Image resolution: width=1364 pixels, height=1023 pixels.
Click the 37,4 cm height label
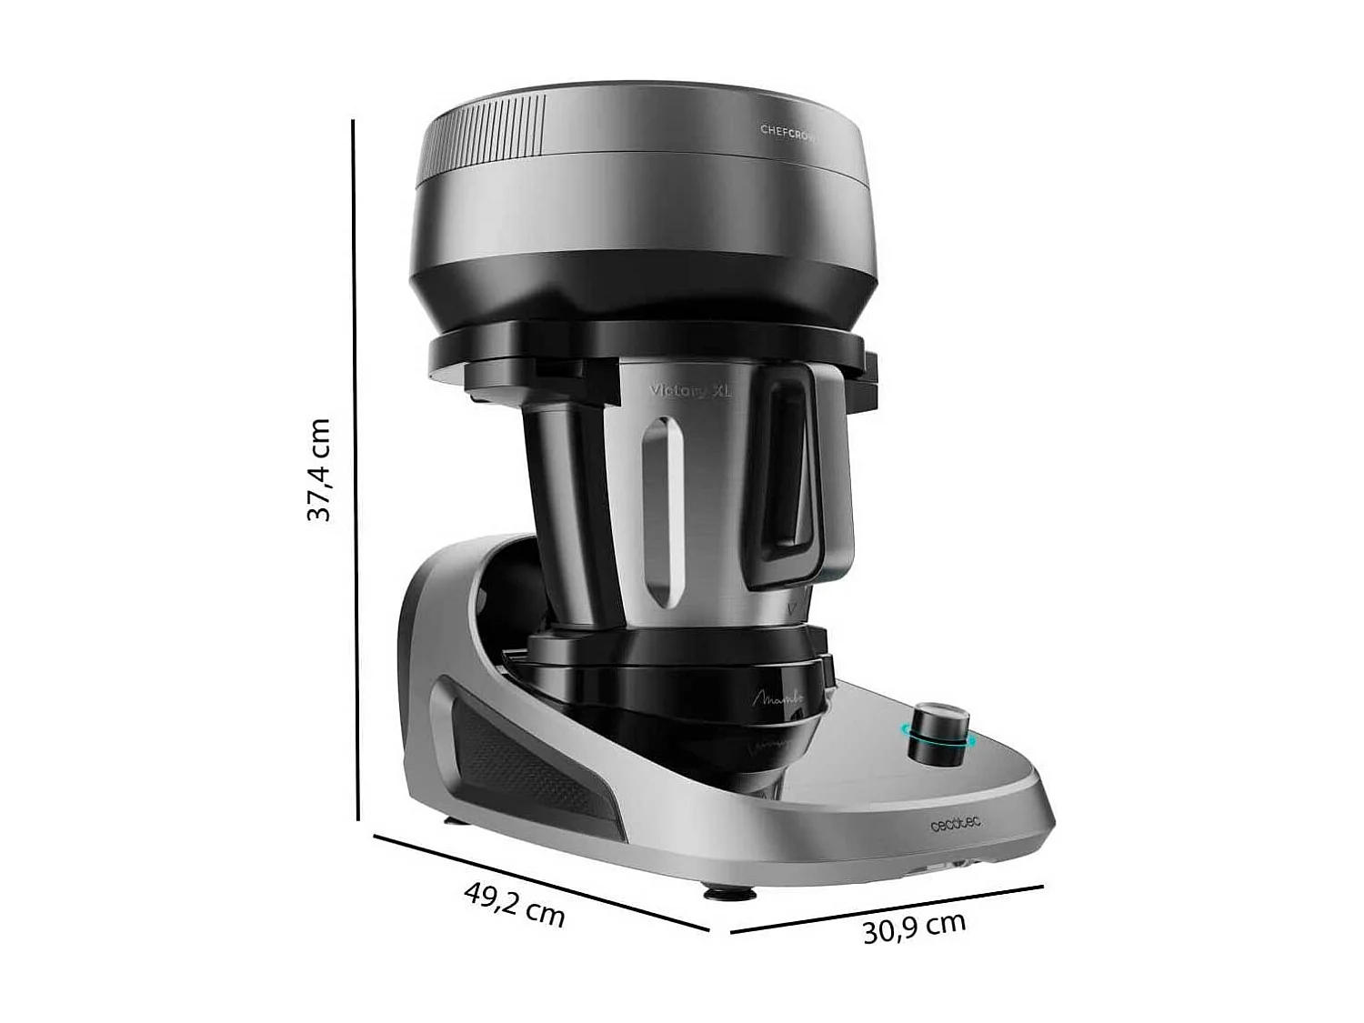pyautogui.click(x=318, y=469)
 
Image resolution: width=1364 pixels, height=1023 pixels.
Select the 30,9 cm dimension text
pyautogui.click(x=913, y=928)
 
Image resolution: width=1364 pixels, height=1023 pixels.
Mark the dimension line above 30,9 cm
pyautogui.click(x=887, y=908)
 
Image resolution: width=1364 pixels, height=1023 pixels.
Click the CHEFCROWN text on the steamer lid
pyautogui.click(x=787, y=131)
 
